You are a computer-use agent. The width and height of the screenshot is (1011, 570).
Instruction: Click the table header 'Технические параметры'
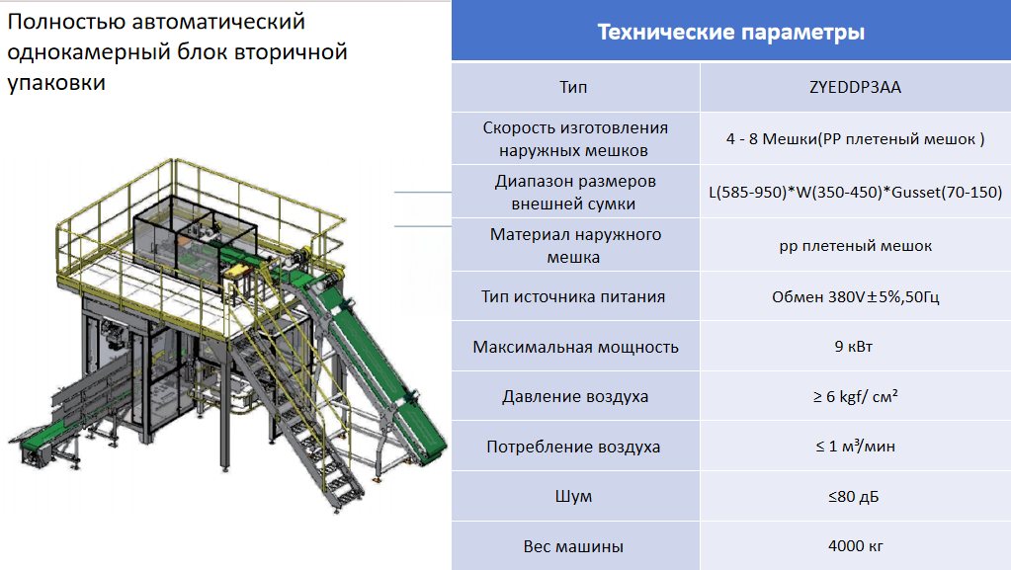[x=731, y=32]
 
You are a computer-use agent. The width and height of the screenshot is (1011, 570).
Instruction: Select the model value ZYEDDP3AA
[x=855, y=87]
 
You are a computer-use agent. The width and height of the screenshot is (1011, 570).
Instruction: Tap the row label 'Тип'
[x=573, y=87]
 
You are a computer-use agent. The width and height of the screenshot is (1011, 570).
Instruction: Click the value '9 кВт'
[x=854, y=347]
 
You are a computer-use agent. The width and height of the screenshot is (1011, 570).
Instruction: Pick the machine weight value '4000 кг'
[x=856, y=546]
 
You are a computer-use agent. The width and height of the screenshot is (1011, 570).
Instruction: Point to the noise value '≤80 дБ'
[x=854, y=497]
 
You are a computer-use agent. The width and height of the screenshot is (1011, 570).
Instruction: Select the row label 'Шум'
[x=573, y=497]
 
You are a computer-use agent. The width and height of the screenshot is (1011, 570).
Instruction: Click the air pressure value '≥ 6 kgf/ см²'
[x=856, y=396]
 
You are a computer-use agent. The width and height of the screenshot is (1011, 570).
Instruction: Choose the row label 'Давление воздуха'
[x=575, y=396]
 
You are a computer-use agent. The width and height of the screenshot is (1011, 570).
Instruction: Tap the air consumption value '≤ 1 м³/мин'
[x=856, y=447]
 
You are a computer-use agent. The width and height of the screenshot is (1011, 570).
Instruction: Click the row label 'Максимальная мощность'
[x=576, y=347]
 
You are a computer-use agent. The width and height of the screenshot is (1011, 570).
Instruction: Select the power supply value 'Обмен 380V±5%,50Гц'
[x=856, y=296]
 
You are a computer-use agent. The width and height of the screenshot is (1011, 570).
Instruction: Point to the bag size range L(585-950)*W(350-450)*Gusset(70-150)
[x=856, y=193]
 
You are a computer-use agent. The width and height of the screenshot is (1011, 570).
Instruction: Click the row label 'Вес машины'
[x=573, y=547]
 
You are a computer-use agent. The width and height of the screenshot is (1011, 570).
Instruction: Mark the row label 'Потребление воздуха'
[x=573, y=447]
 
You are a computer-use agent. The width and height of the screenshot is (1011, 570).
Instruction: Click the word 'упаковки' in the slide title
[x=56, y=83]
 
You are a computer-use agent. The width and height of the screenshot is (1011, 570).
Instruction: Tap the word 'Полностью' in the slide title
[x=66, y=22]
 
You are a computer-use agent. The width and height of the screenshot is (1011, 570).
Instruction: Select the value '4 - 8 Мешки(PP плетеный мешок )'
[x=856, y=139]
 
